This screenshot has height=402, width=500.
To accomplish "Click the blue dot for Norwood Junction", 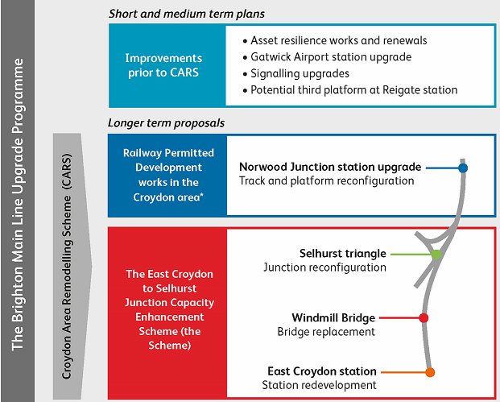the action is [463, 168].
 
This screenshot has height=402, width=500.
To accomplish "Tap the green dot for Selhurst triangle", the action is [436, 255].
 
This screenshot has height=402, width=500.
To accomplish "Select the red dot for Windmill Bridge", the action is [424, 317].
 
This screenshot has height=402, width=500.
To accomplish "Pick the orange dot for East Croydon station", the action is [430, 372].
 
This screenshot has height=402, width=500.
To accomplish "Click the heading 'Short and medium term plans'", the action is [187, 14].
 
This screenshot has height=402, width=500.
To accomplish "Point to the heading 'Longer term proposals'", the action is [166, 122].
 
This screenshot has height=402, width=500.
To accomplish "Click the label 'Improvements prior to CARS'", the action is [163, 65].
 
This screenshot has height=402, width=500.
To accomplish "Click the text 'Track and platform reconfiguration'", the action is [327, 180].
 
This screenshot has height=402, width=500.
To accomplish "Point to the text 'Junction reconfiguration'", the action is [325, 267].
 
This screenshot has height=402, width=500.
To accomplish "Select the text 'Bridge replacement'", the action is [326, 332].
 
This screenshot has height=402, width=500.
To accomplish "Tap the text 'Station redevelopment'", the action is [319, 385].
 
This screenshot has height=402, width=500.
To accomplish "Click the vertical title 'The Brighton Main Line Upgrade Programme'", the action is [18, 205].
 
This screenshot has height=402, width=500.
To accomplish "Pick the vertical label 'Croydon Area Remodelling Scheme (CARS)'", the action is [67, 267].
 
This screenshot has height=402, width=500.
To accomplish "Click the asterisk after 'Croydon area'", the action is [201, 194].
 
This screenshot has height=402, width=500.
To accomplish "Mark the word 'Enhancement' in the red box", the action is [170, 317].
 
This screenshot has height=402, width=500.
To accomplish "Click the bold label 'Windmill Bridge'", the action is [333, 317].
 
